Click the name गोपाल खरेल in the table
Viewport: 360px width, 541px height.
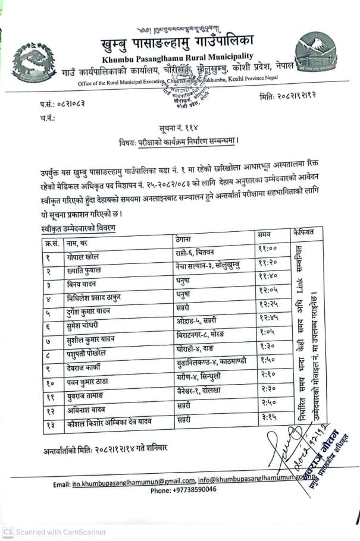click(83, 257)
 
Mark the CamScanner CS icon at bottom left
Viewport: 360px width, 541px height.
click(8, 532)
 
